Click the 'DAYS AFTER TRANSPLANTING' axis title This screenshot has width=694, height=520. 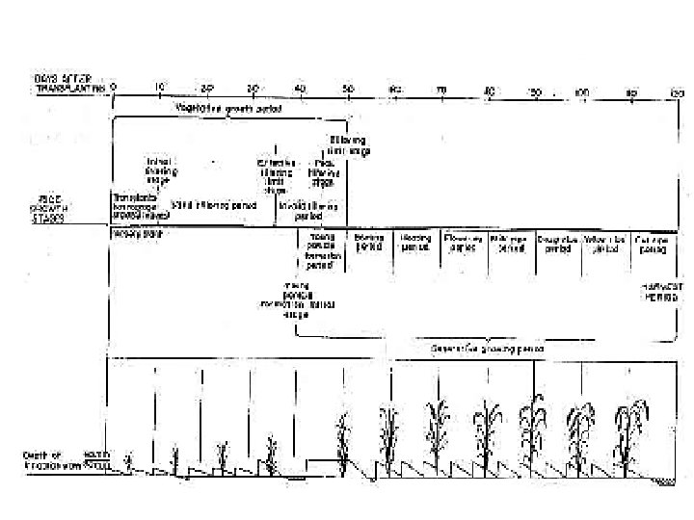coord(68,84)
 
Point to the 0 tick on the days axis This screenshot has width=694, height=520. coord(114,87)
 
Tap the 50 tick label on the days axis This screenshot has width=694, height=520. coord(347,89)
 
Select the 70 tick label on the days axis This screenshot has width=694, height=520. coord(441,89)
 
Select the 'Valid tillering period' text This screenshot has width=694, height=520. coord(199,205)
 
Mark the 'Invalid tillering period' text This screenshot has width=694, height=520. coord(308,211)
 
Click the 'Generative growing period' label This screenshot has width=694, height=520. coord(487,348)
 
